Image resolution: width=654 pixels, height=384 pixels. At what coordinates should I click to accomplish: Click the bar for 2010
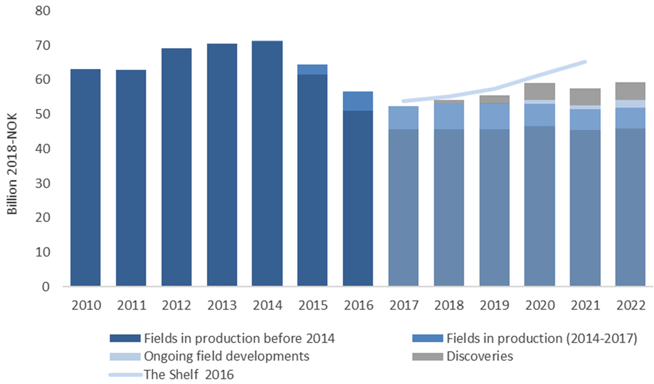pos(85,177)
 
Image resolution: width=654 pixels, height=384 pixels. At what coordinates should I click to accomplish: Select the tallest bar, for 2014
pos(267,163)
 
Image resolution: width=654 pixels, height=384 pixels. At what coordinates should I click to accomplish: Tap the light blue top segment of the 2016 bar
pos(358,101)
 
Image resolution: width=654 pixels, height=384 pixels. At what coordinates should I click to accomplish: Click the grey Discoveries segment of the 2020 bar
pos(540,91)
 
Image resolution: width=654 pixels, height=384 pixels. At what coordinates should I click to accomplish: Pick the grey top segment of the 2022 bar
pos(630,91)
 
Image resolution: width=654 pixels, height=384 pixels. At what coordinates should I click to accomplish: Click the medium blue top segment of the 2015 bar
pos(312,69)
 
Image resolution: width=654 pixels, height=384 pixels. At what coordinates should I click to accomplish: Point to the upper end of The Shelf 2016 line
pos(585,62)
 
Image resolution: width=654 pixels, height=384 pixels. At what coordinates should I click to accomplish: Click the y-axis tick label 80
pos(43,11)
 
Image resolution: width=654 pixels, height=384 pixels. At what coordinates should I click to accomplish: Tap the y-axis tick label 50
pos(43,114)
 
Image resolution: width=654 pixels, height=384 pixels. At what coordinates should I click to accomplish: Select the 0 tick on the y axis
pos(46,287)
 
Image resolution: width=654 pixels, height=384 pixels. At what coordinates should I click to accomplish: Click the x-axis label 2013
pos(222,305)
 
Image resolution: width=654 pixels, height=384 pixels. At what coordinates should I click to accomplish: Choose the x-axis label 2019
pos(494,305)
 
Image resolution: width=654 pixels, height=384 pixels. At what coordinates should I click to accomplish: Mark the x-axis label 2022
pos(630,305)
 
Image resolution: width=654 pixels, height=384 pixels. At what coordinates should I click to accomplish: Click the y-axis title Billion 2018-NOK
pos(12,164)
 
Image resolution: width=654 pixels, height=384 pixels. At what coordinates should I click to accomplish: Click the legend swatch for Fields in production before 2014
pos(125,338)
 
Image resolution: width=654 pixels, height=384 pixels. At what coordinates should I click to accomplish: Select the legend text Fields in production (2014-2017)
pos(542,338)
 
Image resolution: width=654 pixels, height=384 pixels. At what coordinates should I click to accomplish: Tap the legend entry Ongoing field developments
pos(227,356)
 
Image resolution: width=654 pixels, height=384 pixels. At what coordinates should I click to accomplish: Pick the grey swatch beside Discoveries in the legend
pos(427,356)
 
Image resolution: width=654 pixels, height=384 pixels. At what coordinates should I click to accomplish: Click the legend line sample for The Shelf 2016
pos(125,375)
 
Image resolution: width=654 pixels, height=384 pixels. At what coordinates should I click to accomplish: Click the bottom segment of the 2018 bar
pos(449,208)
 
